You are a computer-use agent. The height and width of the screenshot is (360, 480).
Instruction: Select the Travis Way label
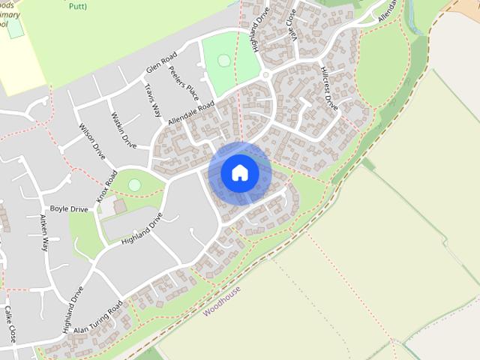[152, 100]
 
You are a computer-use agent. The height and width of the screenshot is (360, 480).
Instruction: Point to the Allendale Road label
[191, 112]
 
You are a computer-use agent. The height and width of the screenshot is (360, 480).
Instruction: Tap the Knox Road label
[106, 187]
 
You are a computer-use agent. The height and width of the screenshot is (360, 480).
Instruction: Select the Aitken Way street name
[43, 232]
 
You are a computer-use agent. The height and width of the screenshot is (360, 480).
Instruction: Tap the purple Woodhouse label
[221, 300]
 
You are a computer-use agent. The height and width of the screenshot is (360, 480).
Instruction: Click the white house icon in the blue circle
[240, 172]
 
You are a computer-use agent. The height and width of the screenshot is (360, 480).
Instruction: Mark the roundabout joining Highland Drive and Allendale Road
[265, 76]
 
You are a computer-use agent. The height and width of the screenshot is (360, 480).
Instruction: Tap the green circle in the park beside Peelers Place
[223, 60]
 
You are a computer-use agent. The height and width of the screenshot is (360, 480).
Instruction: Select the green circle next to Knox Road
[134, 184]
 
